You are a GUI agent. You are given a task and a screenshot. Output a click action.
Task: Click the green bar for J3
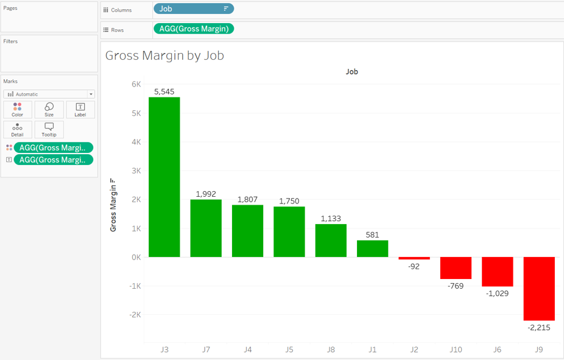tap(164, 177)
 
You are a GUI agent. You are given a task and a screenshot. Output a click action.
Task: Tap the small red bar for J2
tap(414, 258)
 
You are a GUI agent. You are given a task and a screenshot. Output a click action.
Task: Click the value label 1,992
tap(206, 194)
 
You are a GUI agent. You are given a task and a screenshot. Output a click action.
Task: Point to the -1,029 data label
tap(497, 293)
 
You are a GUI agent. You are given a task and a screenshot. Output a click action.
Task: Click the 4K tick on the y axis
tap(136, 142)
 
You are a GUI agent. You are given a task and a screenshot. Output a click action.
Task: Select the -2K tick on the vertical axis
tap(135, 315)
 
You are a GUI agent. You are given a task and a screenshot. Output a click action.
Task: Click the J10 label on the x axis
tap(456, 350)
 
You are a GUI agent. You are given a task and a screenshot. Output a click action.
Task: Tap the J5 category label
tap(289, 350)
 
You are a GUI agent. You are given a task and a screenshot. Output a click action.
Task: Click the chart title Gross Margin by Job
tap(164, 55)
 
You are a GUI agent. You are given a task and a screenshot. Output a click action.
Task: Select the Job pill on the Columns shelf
tap(193, 9)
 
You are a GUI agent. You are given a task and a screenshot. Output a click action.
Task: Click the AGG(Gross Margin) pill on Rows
tap(194, 29)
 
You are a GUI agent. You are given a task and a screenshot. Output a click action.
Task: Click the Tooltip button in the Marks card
tap(49, 129)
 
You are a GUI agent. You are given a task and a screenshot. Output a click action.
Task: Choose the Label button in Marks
tap(80, 110)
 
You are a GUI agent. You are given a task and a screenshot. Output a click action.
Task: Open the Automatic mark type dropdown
tap(49, 94)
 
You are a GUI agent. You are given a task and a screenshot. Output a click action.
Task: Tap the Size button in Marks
tap(49, 110)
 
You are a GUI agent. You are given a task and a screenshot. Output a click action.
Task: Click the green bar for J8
tap(331, 241)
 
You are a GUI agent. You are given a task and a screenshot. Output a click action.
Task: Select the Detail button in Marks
tap(17, 129)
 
